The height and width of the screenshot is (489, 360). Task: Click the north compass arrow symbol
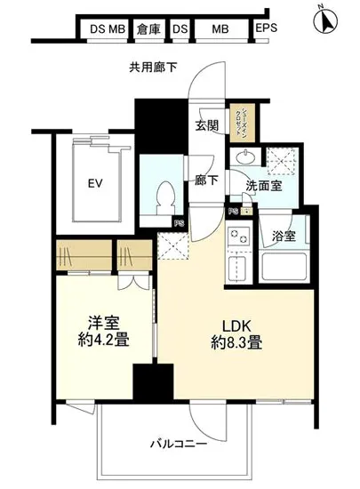coord(326,17)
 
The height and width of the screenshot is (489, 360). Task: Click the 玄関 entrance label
coord(206,126)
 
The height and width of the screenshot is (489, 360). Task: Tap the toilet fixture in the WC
coord(164,195)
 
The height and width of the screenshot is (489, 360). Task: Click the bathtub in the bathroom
coord(284,266)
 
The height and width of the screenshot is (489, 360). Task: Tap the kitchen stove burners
coord(237,237)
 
